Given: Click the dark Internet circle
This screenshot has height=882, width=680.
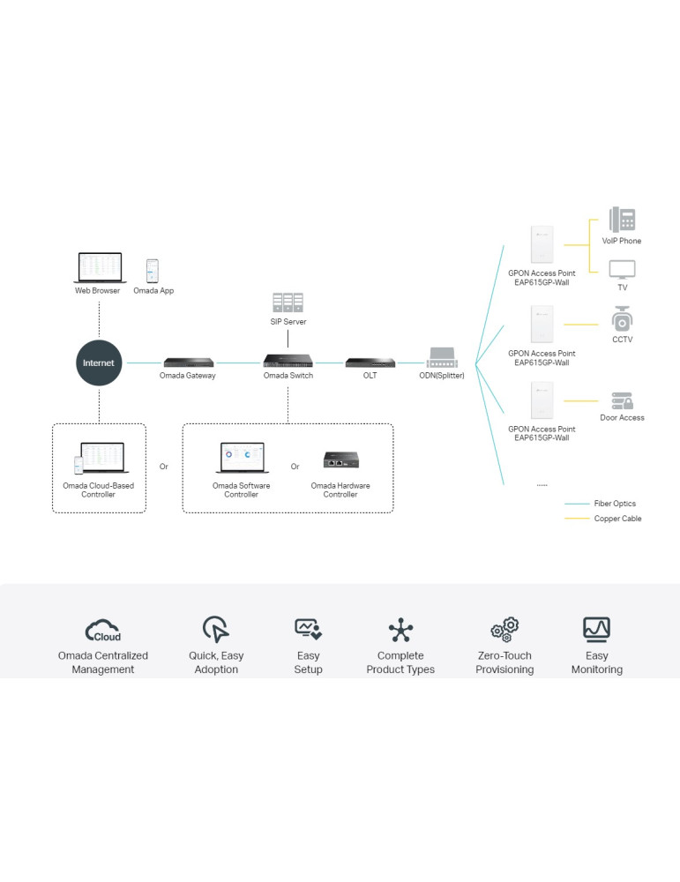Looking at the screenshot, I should pyautogui.click(x=99, y=363).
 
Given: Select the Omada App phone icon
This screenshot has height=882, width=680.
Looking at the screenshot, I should pyautogui.click(x=153, y=271).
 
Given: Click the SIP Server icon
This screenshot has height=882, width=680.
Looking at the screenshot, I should pyautogui.click(x=288, y=303).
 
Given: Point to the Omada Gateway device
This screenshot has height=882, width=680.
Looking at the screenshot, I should pyautogui.click(x=189, y=362).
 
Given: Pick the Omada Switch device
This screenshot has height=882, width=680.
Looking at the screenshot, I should pyautogui.click(x=288, y=362).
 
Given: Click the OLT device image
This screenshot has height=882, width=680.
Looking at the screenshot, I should pyautogui.click(x=370, y=362).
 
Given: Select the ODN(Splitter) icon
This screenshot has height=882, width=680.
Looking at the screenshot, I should pyautogui.click(x=441, y=358).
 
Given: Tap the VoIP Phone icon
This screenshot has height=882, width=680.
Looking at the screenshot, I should pyautogui.click(x=622, y=220).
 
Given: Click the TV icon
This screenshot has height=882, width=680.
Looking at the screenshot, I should pyautogui.click(x=622, y=269).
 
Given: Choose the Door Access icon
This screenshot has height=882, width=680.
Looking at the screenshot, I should pyautogui.click(x=622, y=400).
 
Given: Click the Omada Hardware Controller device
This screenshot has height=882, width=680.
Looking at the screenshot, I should pyautogui.click(x=340, y=460).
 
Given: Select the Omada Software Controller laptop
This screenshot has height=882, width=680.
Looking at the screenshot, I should pyautogui.click(x=241, y=459).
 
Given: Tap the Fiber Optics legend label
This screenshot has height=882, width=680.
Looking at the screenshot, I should pyautogui.click(x=615, y=504).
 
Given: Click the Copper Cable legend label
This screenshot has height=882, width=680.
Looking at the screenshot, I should pyautogui.click(x=617, y=519).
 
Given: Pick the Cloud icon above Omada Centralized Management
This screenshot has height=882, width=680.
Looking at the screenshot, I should pyautogui.click(x=103, y=630).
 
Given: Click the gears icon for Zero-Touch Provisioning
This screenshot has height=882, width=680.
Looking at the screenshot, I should pyautogui.click(x=504, y=629).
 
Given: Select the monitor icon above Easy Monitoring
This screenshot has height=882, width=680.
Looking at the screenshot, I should pyautogui.click(x=597, y=629).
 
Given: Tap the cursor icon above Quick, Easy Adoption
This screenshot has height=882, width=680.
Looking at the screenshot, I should pyautogui.click(x=216, y=629).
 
